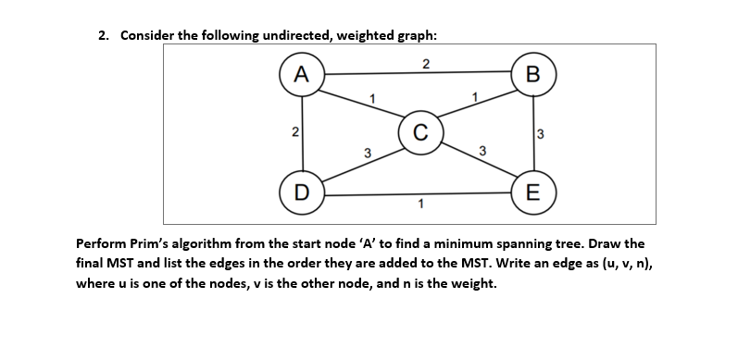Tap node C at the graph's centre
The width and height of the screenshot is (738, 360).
[x=419, y=131]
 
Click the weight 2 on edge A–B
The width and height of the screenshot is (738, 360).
[x=424, y=64]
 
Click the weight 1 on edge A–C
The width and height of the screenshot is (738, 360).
[x=370, y=98]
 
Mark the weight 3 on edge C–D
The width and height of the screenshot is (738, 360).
[x=367, y=153]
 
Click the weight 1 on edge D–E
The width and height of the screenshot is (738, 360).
[x=420, y=204]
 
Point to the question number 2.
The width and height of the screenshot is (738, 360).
[x=103, y=35]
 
